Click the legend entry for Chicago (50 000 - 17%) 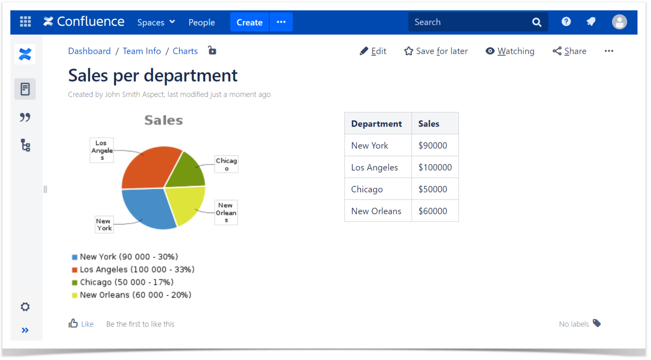126,282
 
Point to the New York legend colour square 75,257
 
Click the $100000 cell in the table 435,167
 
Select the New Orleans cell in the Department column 376,211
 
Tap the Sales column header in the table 428,124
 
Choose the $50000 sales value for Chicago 432,189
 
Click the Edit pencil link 364,51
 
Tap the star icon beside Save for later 409,51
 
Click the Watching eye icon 490,51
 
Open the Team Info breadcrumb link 142,51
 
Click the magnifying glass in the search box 537,22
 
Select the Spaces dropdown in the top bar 156,22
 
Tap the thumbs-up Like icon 73,324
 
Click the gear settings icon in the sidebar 25,307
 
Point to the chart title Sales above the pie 164,120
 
